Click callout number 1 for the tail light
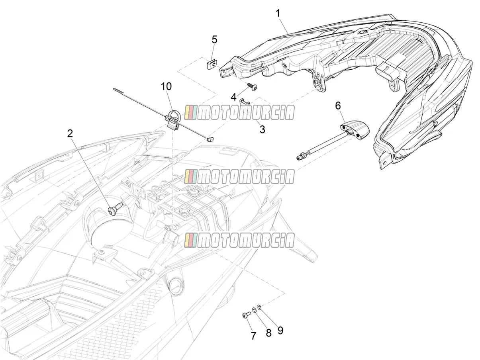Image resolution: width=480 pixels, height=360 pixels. pos(278,14)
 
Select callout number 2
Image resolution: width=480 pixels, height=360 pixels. pos(70,133)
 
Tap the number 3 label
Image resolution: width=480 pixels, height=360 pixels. pos(262,129)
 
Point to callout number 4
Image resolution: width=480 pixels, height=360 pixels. pos(234,97)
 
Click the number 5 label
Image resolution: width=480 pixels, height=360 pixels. pos(215,39)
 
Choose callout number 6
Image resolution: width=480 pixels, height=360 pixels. pos(338,106)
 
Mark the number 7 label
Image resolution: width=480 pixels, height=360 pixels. pos(253,336)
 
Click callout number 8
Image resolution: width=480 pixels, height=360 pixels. pos(268,333)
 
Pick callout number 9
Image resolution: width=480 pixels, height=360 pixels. pos(280,330)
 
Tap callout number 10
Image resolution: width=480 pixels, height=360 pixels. pos(167,86)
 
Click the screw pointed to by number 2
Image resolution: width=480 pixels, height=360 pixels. pos(116,208)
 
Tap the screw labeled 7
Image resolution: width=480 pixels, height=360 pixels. pos(247,315)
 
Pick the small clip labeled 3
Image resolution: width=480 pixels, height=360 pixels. pos(245,102)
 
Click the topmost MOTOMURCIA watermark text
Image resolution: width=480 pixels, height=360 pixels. pos(239,113)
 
